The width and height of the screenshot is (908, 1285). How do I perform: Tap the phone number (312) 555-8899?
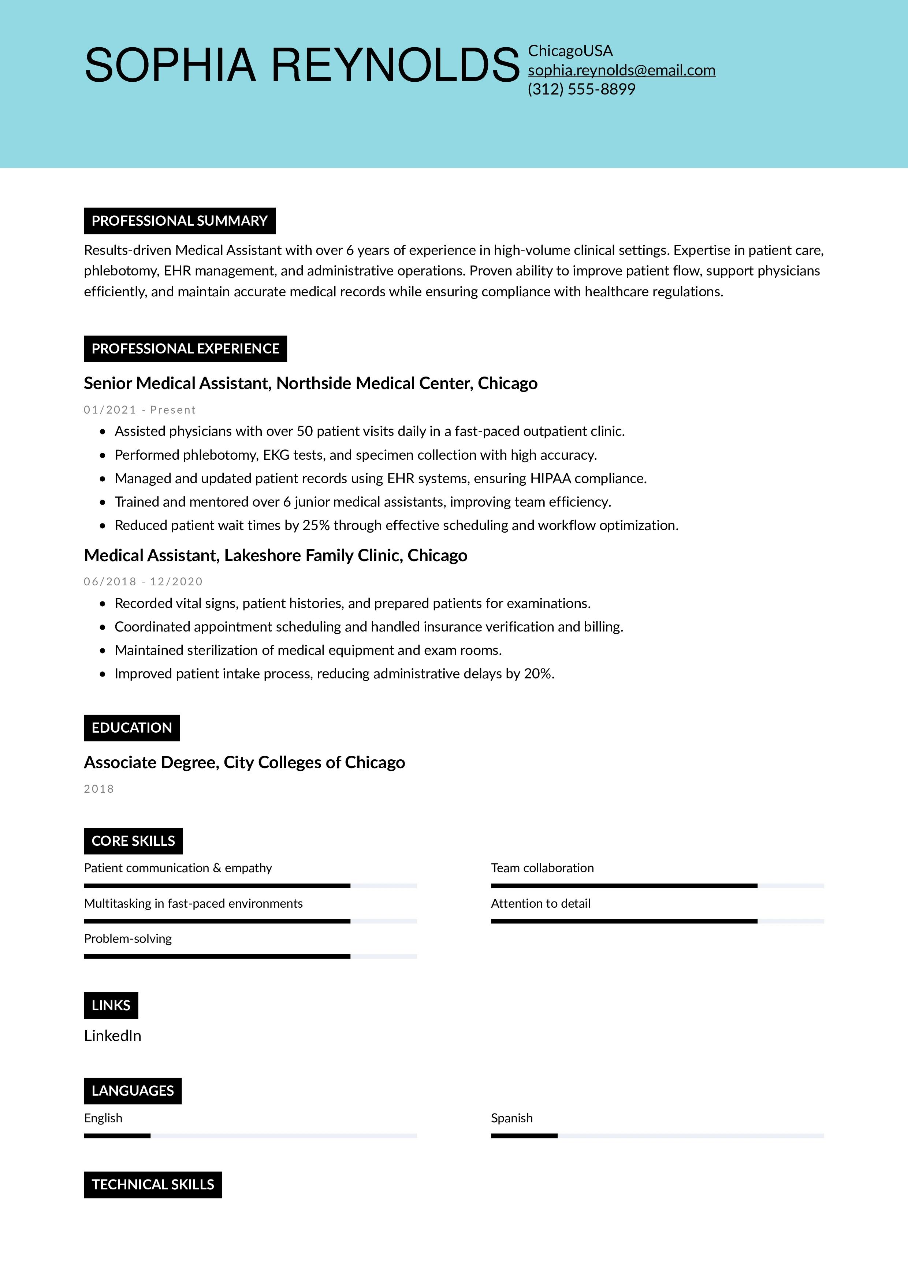(x=581, y=89)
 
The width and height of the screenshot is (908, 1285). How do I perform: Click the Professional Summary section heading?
(x=179, y=221)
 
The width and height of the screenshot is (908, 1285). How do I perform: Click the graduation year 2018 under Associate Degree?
(x=99, y=789)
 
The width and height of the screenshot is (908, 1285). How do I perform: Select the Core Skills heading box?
(x=133, y=841)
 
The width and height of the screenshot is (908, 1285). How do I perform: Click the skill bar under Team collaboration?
(x=657, y=886)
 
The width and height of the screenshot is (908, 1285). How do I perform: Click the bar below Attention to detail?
(x=657, y=921)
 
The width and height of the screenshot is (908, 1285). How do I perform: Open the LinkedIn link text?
(x=112, y=1036)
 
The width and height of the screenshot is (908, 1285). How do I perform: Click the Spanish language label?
(x=511, y=1118)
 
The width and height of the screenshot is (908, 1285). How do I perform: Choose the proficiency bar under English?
(x=250, y=1136)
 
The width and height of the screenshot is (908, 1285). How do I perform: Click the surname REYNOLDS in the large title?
(x=395, y=66)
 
